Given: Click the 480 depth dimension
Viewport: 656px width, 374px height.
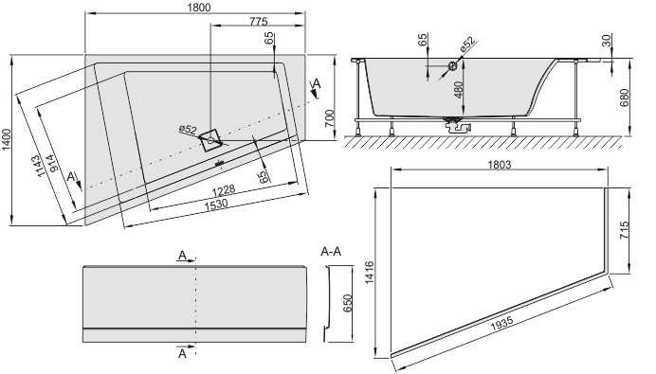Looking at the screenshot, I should [x=458, y=92].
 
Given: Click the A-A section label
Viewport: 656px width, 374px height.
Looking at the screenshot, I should [x=331, y=252].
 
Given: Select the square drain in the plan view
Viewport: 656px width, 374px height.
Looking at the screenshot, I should [x=210, y=139].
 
